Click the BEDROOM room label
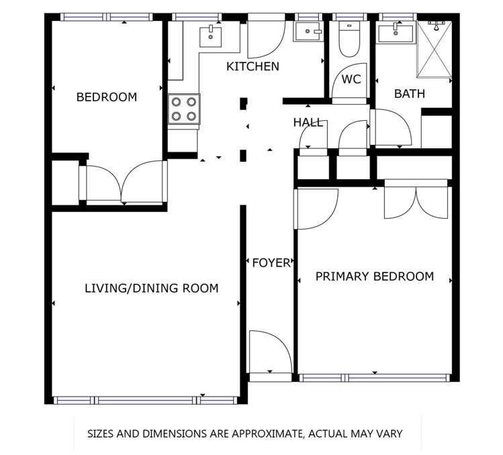pos(106,97)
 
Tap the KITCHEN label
pos(253,66)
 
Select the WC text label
pos(351,79)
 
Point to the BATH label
pos(410,94)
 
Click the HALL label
pos(308,123)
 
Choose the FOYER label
pos(271,262)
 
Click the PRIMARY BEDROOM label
pos(375,276)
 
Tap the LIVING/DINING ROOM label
pos(151,289)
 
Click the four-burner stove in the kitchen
pos(184,109)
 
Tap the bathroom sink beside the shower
pos(395,33)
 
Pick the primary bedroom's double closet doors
pos(416,201)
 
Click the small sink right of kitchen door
pos(308,31)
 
